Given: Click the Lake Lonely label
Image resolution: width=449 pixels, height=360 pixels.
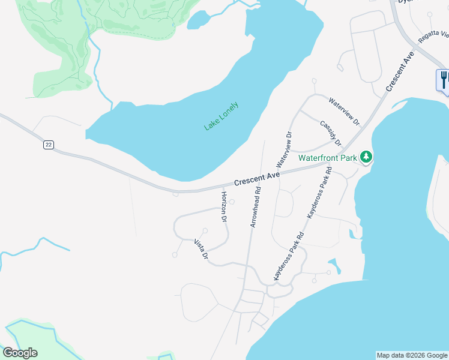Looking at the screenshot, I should pos(221,116).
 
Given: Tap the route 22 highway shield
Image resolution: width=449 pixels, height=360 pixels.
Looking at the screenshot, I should pos(49,145).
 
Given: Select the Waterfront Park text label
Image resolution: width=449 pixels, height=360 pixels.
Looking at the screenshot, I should pos(328,158).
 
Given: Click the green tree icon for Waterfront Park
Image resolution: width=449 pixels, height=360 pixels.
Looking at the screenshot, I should pos(366,158).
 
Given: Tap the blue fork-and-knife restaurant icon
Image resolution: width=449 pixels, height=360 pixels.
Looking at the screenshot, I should pos(443,79).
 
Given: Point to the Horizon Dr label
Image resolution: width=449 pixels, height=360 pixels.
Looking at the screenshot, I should pos(223,208).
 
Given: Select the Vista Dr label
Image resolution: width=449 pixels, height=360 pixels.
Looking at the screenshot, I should pos(201,248).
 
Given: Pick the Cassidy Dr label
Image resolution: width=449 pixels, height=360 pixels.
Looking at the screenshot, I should pos(331,133).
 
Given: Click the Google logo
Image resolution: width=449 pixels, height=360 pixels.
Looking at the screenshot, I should pos(20,353).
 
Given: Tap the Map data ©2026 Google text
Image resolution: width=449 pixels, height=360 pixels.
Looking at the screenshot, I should pos(412,355).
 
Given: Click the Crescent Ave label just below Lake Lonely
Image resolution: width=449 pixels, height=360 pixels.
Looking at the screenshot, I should pos(257,178).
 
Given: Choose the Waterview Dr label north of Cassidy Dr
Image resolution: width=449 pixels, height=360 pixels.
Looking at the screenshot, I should pos(344,112).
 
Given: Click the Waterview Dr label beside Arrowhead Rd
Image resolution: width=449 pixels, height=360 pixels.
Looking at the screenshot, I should pos(283,149).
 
